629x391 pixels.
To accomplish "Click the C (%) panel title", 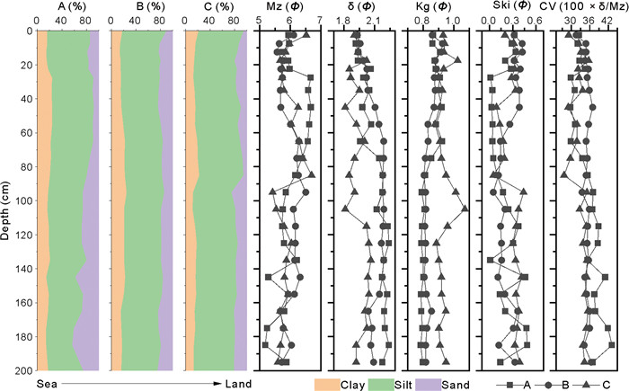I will tap(213, 5).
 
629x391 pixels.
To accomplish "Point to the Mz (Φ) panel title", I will tap(284, 5).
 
